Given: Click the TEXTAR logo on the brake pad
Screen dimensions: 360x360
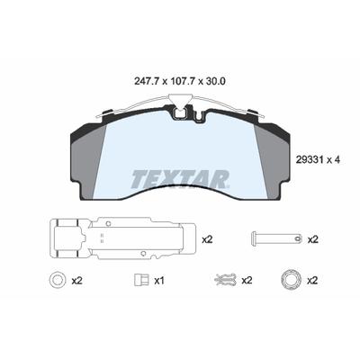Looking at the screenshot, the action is [179, 179].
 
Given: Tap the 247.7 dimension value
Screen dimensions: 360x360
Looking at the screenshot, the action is [146, 81].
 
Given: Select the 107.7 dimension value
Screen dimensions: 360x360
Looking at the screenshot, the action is [183, 81].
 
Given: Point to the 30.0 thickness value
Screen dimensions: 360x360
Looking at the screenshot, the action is [215, 81].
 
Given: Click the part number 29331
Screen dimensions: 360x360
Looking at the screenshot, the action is [308, 160].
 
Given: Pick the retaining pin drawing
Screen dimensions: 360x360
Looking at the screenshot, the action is [276, 239].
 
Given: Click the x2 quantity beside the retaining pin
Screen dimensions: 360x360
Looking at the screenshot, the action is [312, 239].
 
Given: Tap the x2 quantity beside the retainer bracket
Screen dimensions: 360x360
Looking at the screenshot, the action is [207, 239].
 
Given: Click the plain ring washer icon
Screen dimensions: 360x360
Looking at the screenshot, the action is [58, 280].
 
